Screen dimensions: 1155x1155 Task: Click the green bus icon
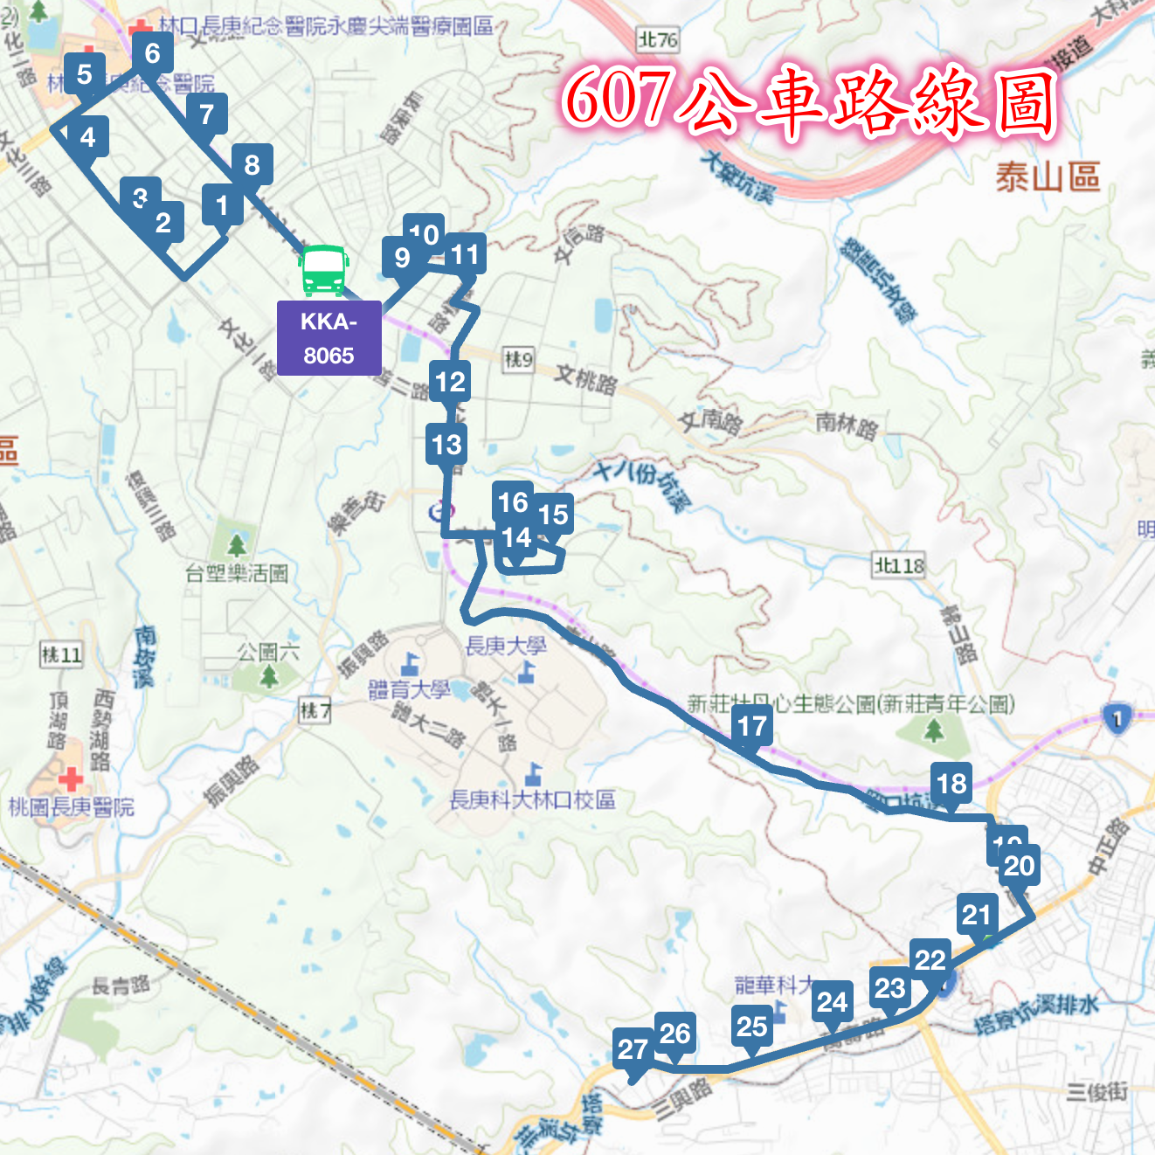(x=324, y=270)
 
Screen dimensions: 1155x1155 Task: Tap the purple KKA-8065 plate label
(x=329, y=338)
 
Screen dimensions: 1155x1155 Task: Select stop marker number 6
(x=153, y=54)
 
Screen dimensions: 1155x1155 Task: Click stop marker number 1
(x=222, y=206)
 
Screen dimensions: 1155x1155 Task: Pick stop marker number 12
(x=451, y=382)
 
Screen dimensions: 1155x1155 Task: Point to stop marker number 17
(x=752, y=727)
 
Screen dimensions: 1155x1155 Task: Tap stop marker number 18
(x=952, y=784)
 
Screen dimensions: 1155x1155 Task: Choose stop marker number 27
(x=633, y=1049)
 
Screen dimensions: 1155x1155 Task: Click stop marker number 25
(x=752, y=1027)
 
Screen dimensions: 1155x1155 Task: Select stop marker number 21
(x=977, y=916)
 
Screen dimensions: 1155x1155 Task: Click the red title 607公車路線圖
(x=809, y=101)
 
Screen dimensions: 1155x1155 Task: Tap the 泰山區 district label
(x=1048, y=177)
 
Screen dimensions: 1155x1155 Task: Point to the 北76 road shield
(x=658, y=39)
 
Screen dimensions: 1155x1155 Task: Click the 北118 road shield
(x=899, y=566)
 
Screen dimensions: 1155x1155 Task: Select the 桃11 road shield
(x=62, y=654)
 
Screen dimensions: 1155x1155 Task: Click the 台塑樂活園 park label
(x=237, y=574)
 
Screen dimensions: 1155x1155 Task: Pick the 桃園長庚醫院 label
(x=72, y=807)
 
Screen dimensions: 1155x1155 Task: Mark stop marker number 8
(x=252, y=165)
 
